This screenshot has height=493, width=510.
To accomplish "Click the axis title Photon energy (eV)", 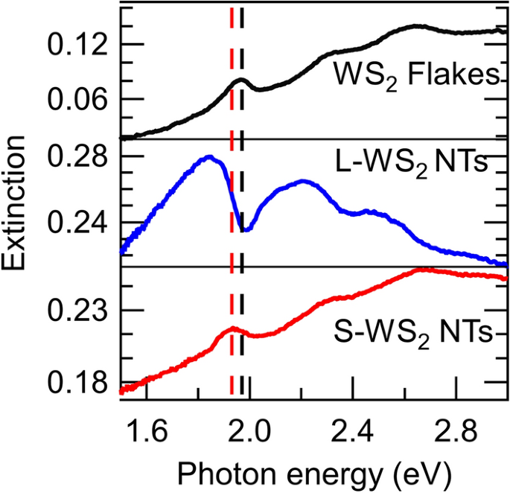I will tap(313, 472).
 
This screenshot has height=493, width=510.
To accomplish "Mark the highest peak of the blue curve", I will tap(209, 157).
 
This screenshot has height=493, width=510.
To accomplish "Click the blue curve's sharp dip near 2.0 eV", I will tap(245, 229).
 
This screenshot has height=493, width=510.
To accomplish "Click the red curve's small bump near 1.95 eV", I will tap(233, 328).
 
